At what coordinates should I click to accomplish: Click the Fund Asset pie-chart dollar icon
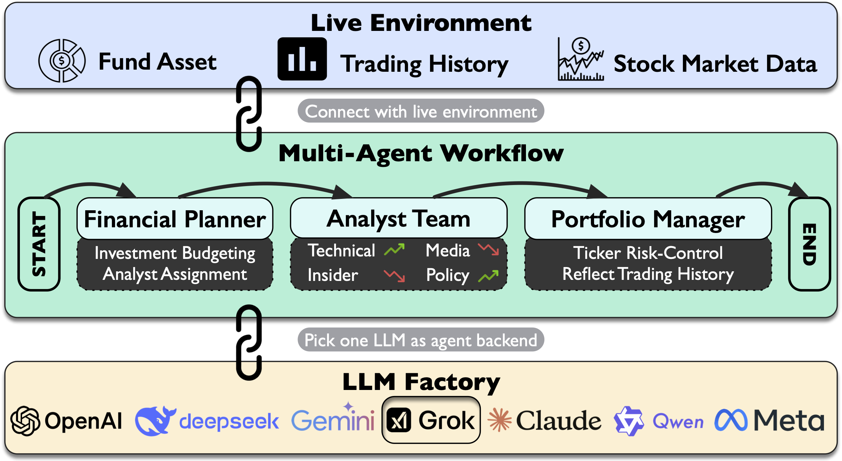(62, 61)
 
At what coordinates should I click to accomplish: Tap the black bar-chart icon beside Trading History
(302, 59)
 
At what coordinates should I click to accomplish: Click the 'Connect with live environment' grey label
(420, 111)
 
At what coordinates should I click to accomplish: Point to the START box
(39, 244)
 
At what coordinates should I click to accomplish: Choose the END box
(809, 244)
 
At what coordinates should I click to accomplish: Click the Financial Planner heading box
(175, 219)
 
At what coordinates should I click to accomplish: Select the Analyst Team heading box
(398, 218)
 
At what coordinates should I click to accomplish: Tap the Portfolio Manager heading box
(648, 219)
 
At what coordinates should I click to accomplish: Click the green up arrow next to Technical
(394, 250)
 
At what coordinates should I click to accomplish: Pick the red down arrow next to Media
(488, 249)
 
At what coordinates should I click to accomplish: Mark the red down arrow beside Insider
(394, 275)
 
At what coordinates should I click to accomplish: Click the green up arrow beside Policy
(488, 276)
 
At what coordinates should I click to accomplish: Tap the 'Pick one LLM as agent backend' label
(420, 340)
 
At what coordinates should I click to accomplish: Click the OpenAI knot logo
(25, 421)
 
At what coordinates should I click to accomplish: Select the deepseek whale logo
(155, 421)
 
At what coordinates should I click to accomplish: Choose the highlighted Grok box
(431, 420)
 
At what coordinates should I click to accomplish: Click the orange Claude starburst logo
(499, 420)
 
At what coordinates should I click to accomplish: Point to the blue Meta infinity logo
(731, 420)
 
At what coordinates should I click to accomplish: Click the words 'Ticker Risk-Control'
(648, 253)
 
